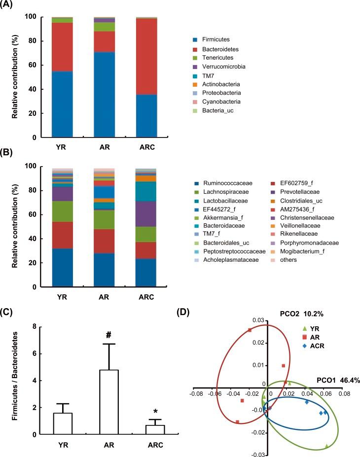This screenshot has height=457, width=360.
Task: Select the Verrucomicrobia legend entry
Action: click(217, 66)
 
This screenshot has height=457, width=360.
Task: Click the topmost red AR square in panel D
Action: click(250, 330)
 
